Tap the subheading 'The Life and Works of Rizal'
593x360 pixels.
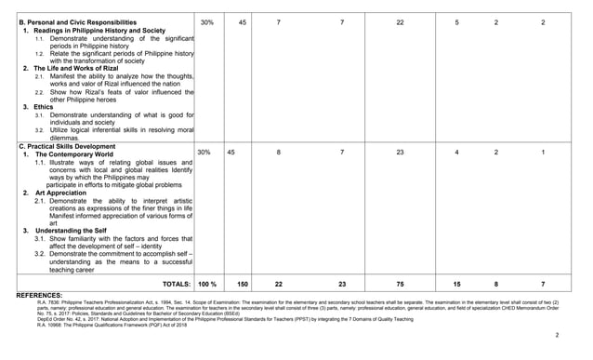(78, 69)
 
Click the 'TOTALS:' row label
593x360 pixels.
(175, 283)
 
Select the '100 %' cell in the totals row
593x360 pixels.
(207, 283)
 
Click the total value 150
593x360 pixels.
(243, 283)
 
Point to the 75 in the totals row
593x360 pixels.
(400, 283)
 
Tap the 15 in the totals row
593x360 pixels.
(456, 283)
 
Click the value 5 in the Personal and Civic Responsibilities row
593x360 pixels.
(456, 21)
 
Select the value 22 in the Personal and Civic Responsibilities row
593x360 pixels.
(400, 21)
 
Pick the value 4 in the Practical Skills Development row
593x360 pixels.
(456, 152)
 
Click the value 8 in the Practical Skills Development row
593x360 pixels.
(279, 152)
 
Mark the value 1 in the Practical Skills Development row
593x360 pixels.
(543, 152)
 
